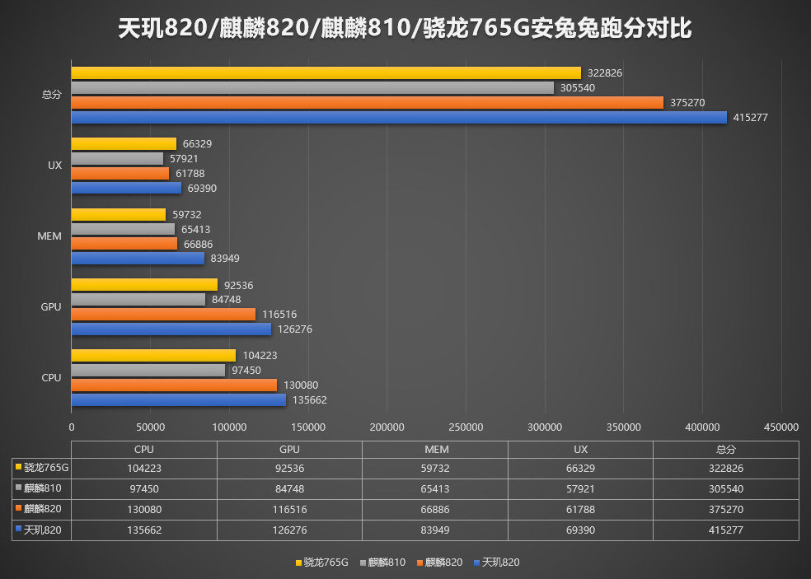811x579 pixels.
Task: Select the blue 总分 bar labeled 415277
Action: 399,118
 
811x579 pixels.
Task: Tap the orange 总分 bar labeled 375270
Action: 367,103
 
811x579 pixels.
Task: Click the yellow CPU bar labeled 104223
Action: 153,356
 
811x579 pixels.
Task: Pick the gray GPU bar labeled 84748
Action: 138,300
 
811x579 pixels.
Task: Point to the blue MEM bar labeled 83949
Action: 138,259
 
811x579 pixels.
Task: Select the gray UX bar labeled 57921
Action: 117,159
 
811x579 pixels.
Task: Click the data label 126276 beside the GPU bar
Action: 294,329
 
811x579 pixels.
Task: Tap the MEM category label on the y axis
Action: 50,236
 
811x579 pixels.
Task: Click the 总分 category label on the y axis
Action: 51,95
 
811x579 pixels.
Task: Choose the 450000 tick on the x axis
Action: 781,427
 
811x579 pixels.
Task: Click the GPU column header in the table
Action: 289,450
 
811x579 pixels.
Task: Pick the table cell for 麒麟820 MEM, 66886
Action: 434,510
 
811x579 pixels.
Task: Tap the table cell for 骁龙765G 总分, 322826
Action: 725,469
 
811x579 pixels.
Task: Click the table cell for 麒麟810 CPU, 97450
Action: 143,489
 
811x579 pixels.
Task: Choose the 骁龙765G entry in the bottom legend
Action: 321,563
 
